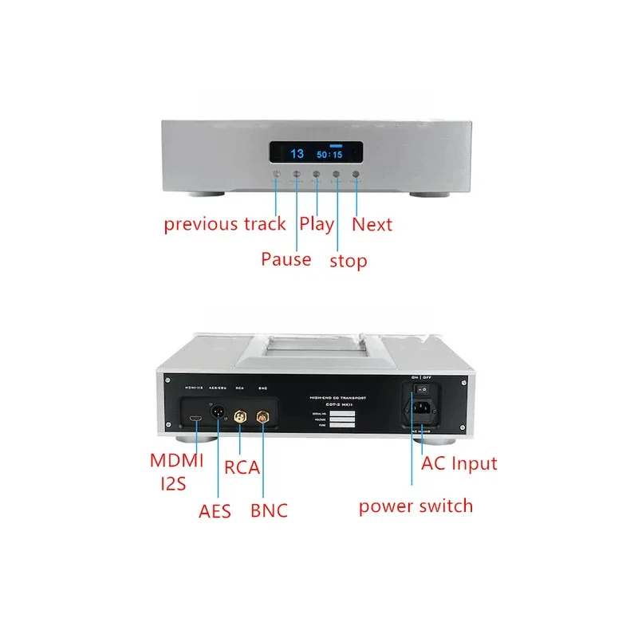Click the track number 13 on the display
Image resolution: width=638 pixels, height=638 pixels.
(x=297, y=154)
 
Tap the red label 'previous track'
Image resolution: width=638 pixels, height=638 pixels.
(x=225, y=224)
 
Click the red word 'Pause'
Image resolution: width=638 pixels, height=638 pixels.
(x=286, y=259)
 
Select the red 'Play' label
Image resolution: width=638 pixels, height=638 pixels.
(x=317, y=224)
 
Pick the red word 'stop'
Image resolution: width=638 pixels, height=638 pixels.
(x=349, y=261)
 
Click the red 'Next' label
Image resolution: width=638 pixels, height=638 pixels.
(x=372, y=224)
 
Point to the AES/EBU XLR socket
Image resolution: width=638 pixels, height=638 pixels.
(x=218, y=415)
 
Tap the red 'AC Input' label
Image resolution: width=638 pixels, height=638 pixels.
(x=459, y=463)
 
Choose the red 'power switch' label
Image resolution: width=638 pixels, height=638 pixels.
(x=415, y=506)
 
